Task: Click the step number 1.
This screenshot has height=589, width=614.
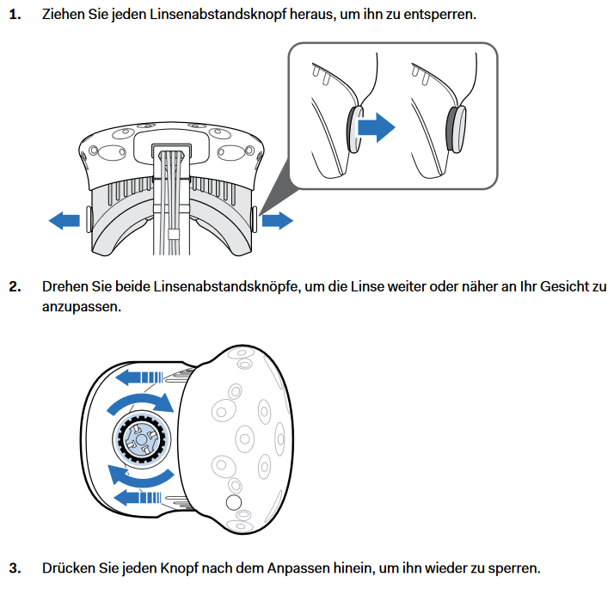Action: pos(15,15)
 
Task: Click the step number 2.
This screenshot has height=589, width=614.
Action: pos(15,287)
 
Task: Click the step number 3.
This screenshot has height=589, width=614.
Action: pos(15,568)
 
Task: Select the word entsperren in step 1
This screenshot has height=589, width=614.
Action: pos(439,15)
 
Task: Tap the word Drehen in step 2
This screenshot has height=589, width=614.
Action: pos(64,286)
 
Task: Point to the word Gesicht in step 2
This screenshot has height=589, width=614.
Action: pos(565,286)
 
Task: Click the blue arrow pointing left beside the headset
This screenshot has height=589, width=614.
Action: pos(64,220)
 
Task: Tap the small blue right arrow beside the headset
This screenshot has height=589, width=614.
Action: pos(277,220)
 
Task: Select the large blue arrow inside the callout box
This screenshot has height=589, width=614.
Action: pos(377,127)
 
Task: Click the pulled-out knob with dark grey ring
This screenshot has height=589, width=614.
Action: pos(456,129)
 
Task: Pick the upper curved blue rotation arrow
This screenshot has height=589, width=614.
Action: pos(141,403)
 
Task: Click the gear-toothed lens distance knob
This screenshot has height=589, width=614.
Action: pos(142,439)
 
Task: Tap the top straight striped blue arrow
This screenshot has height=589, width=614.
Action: pos(138,378)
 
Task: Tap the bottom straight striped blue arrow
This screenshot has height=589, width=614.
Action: pos(137,498)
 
